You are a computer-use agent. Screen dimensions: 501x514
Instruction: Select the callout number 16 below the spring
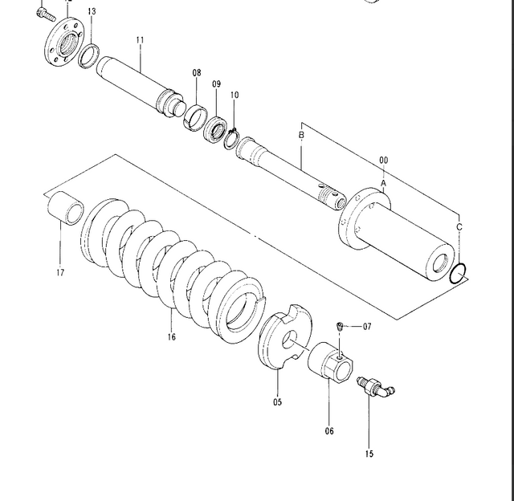click(171, 337)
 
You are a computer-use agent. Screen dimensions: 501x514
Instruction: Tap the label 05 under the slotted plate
click(278, 402)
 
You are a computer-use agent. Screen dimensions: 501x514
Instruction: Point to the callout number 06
click(329, 431)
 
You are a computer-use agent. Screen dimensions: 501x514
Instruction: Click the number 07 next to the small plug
click(367, 327)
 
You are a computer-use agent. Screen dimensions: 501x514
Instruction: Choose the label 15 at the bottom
click(369, 454)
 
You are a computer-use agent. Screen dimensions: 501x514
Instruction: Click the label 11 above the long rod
click(140, 39)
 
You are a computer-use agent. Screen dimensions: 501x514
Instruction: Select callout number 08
click(197, 73)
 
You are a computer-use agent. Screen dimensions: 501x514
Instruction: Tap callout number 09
click(216, 83)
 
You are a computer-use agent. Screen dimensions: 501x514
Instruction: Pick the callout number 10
click(235, 96)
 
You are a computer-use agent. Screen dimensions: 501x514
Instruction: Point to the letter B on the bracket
click(301, 136)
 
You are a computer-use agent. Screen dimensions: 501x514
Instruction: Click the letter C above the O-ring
click(459, 228)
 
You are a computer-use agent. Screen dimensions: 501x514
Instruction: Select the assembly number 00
click(383, 161)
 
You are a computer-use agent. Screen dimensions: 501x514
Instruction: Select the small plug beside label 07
click(339, 326)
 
